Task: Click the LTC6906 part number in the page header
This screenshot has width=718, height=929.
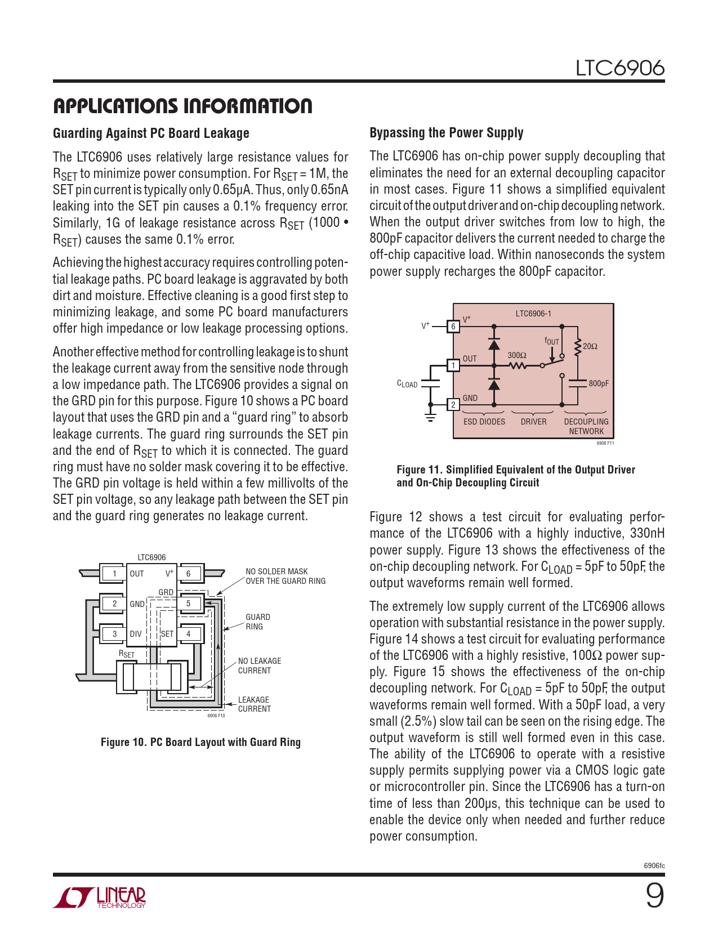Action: [x=619, y=68]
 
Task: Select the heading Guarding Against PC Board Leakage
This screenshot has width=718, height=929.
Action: [x=151, y=133]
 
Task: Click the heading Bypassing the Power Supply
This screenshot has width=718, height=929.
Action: [x=446, y=133]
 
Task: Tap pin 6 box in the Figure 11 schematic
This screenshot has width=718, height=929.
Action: [x=453, y=327]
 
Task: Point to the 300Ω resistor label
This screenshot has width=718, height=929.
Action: [x=516, y=355]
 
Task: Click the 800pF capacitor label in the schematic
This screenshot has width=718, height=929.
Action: [x=599, y=383]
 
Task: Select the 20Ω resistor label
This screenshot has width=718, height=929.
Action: [x=590, y=346]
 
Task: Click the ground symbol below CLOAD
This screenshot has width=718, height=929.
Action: [x=431, y=418]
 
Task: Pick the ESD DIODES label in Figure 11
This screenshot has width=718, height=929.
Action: [x=484, y=422]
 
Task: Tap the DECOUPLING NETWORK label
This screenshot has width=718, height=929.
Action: [x=586, y=426]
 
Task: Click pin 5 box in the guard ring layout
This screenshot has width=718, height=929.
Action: [x=189, y=604]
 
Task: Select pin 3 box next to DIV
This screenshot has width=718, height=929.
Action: [x=115, y=633]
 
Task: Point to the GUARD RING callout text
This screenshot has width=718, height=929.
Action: [x=257, y=622]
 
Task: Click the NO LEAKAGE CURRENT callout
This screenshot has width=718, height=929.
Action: [x=259, y=666]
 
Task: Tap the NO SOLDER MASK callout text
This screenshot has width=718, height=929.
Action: [x=285, y=576]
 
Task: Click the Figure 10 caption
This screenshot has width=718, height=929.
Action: [x=200, y=742]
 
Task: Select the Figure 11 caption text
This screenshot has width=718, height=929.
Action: [x=515, y=476]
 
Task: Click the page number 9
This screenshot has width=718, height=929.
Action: [x=654, y=895]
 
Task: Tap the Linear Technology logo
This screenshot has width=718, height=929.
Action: [x=100, y=897]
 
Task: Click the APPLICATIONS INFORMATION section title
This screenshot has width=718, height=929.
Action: [x=182, y=106]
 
